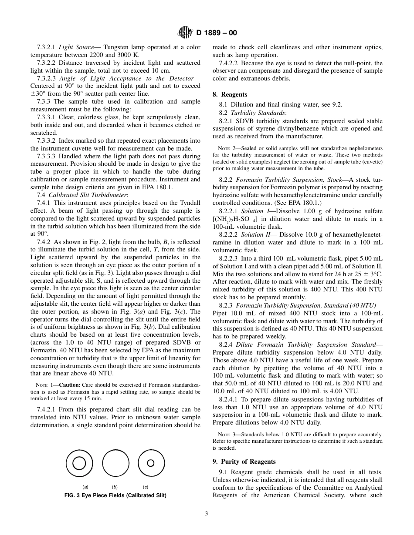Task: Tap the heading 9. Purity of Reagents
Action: point(244,461)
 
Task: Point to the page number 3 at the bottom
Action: point(207,513)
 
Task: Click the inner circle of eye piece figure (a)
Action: point(79,463)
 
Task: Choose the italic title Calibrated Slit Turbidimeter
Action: point(88,195)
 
